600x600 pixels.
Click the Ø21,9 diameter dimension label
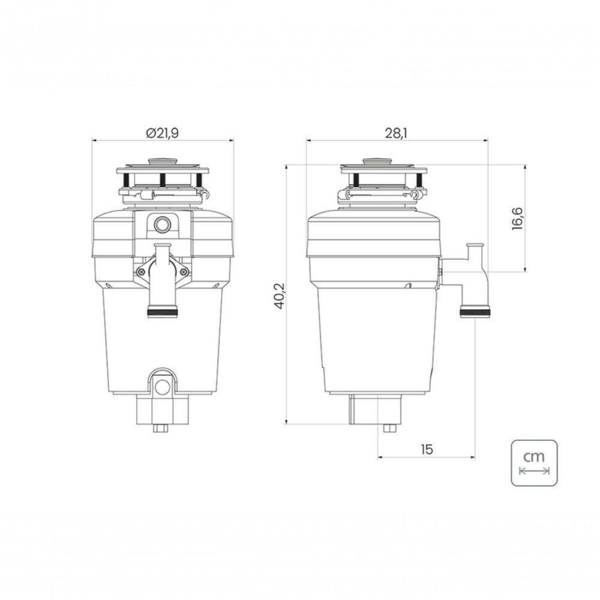[x=162, y=133]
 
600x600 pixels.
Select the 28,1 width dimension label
[x=395, y=133]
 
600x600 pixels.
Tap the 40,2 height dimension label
[x=278, y=295]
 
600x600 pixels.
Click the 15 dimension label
[x=427, y=449]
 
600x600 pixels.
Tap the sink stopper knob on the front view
[x=163, y=161]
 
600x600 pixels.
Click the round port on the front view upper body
[x=162, y=225]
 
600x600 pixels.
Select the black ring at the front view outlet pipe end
[x=163, y=312]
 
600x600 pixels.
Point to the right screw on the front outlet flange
[x=183, y=271]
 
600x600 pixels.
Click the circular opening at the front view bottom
[x=162, y=387]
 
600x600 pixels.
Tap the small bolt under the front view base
[x=162, y=428]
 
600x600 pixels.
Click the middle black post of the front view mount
[x=163, y=179]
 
